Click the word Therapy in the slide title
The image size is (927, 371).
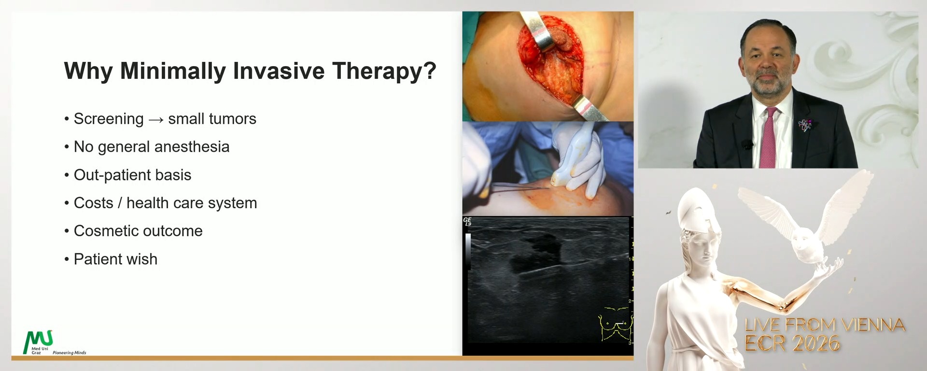coord(384,71)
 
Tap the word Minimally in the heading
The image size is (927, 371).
coord(172,71)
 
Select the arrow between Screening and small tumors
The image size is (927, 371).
coord(156,119)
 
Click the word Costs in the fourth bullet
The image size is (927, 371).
coord(93,203)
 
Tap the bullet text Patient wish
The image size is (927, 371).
coord(115,259)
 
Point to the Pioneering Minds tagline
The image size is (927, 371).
coord(69,353)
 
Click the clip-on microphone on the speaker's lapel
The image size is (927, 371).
coord(748,144)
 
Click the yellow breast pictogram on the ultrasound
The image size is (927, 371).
coord(615,324)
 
